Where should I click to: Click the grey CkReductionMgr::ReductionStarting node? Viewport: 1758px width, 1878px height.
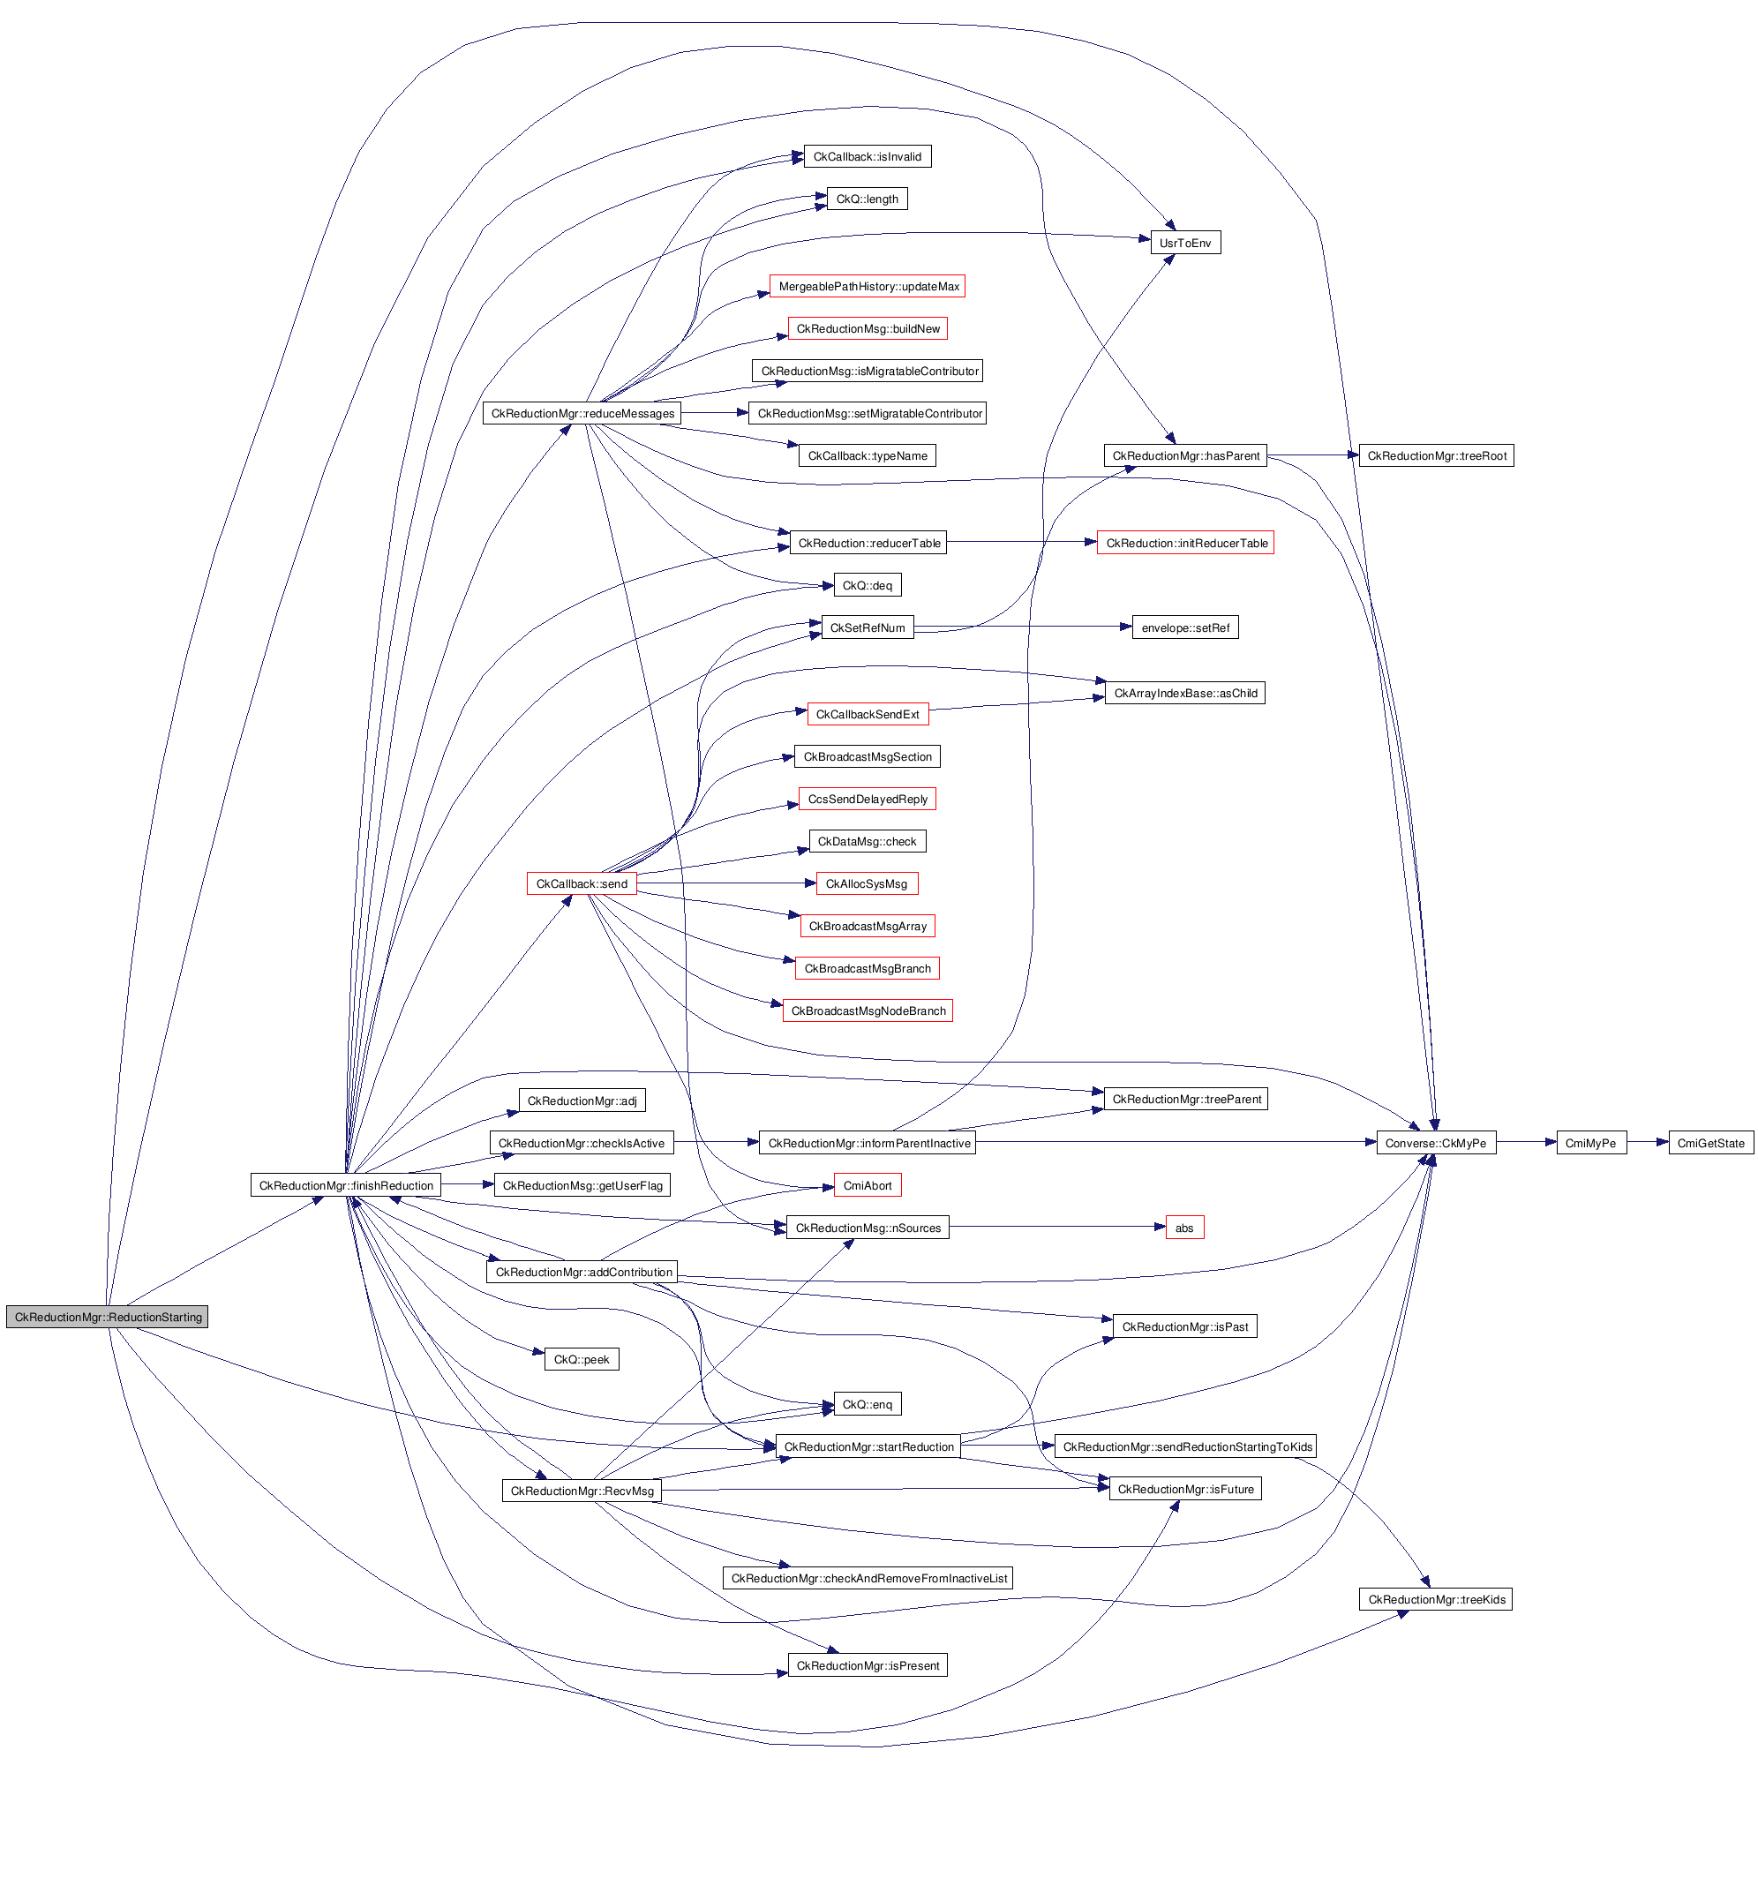107,1317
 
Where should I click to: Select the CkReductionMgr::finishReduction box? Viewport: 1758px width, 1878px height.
346,1185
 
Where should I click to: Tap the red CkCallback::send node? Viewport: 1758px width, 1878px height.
581,884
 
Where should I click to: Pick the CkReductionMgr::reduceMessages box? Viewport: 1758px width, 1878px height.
582,414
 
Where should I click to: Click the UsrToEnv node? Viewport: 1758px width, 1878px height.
1184,243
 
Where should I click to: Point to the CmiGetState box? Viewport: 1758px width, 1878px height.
1709,1143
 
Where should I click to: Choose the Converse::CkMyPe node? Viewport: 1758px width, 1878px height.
1435,1143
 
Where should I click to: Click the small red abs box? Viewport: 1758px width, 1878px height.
1183,1228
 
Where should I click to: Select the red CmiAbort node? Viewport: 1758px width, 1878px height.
868,1185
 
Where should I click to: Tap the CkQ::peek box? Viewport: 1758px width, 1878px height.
581,1359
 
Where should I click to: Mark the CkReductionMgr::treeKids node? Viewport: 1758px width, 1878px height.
1436,1599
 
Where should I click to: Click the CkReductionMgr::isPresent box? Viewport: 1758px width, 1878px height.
868,1665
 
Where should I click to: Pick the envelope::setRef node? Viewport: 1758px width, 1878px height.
1184,628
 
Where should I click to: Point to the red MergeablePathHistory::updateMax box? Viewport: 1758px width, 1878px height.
868,286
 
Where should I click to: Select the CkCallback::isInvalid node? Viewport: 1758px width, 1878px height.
868,157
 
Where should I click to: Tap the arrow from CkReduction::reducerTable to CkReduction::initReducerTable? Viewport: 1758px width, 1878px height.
1020,542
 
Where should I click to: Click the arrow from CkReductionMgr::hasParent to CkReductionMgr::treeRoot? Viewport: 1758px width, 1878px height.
1312,455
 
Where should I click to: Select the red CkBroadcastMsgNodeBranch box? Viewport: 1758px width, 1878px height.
868,1010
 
